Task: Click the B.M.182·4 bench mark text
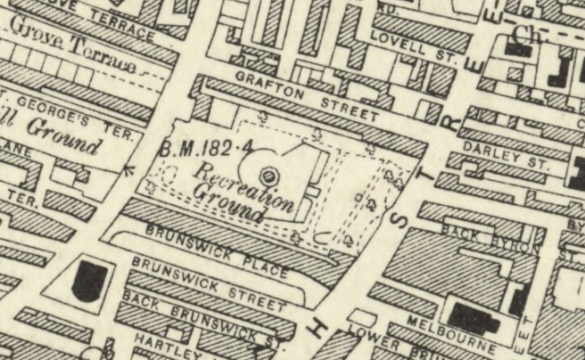197,148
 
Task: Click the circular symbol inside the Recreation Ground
268,176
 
